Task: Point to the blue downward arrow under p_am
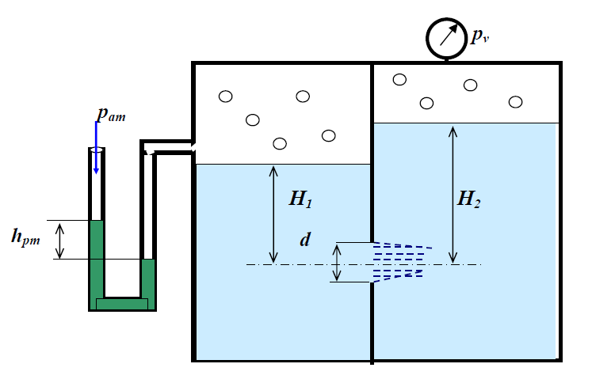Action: click(97, 154)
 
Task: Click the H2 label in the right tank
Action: click(469, 199)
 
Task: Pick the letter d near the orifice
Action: click(304, 239)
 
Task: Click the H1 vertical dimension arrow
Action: click(273, 214)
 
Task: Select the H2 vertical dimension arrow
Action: click(453, 193)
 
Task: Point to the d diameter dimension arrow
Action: click(337, 263)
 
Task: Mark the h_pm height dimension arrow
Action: click(60, 240)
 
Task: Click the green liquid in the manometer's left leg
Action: click(96, 261)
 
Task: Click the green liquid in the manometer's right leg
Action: click(148, 279)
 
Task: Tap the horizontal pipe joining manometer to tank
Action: click(170, 148)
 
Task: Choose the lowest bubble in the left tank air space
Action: click(279, 143)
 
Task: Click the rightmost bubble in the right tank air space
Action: click(516, 101)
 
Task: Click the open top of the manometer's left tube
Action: click(97, 149)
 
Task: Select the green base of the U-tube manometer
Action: click(122, 303)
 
